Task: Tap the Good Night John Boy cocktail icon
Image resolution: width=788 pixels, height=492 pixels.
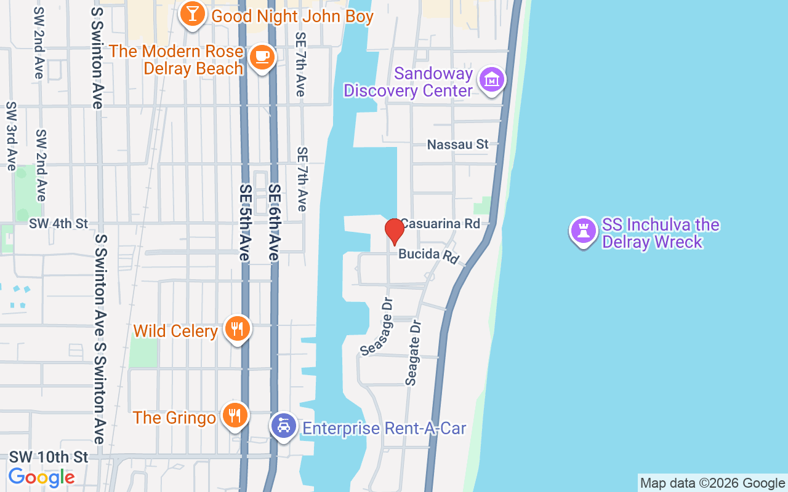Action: click(192, 15)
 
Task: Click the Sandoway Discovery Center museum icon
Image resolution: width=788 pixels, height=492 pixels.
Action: click(492, 80)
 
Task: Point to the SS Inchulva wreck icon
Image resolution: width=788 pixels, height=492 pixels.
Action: click(582, 231)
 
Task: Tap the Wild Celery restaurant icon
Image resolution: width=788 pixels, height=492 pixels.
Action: click(236, 330)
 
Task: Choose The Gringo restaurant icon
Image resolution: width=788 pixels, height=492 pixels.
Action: click(234, 416)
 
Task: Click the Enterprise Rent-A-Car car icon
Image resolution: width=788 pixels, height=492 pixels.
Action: click(283, 426)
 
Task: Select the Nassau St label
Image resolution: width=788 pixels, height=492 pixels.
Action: click(458, 145)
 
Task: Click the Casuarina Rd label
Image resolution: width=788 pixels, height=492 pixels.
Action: click(440, 224)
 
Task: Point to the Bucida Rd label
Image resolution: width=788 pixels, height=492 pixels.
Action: click(429, 255)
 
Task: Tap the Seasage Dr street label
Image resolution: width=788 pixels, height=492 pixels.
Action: click(377, 327)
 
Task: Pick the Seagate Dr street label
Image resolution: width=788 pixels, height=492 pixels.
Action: click(413, 352)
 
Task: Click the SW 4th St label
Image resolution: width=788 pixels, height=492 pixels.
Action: click(58, 224)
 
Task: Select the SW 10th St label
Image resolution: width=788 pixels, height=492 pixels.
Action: click(49, 458)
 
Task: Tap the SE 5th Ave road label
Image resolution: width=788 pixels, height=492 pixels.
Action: click(246, 223)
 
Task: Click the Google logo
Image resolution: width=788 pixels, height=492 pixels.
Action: click(41, 477)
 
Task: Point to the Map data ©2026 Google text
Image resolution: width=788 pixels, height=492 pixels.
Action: click(712, 483)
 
